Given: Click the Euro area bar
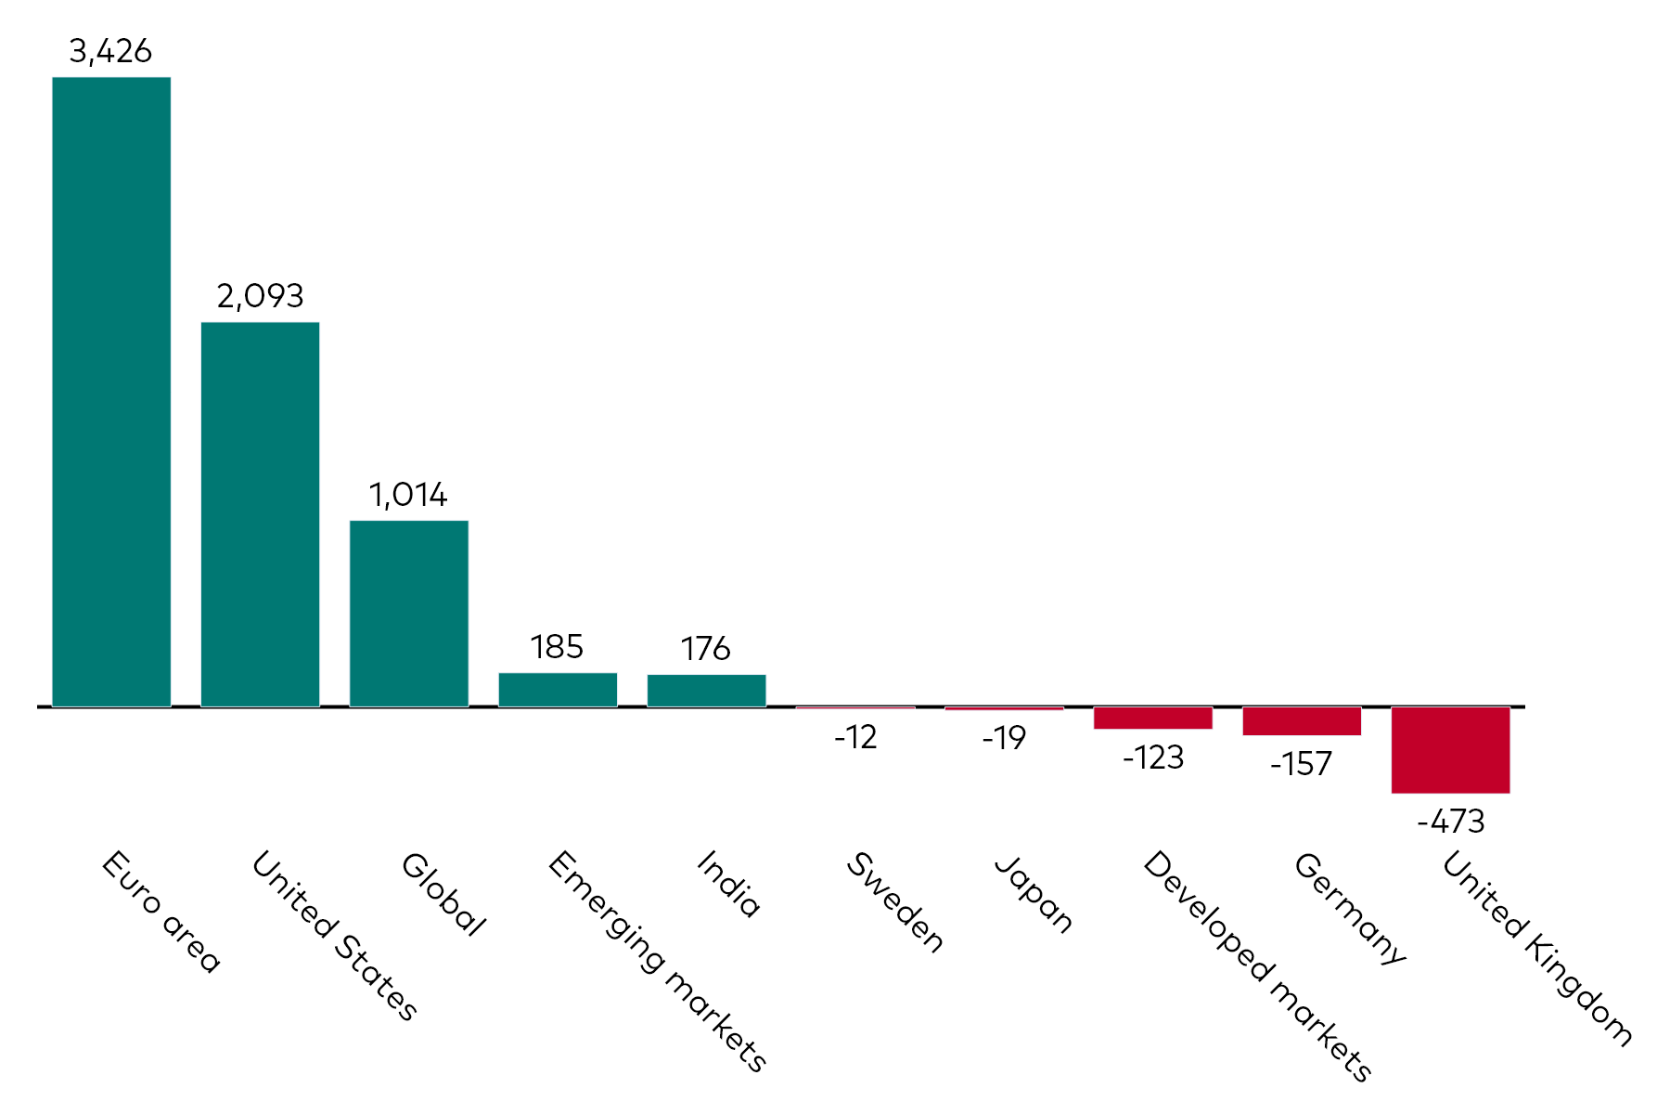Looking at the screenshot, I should point(111,392).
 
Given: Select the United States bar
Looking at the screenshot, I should point(260,514).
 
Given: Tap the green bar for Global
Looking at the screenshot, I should point(409,614).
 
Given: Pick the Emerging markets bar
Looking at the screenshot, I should point(558,690).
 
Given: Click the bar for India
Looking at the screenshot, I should point(706,691).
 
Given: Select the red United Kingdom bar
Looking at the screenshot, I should point(1450,750).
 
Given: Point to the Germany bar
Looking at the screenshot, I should point(1302,721).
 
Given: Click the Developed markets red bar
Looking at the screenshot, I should point(1152,718).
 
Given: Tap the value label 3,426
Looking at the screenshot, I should point(110,52).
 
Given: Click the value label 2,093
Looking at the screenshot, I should point(260,297).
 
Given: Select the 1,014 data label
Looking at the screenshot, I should point(408,496).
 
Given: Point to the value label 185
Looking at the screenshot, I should point(557,647).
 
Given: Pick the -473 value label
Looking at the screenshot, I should point(1450,822).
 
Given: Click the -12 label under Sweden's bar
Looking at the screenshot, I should point(854,738).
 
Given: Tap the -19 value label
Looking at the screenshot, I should point(1004,739).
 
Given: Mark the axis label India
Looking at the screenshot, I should point(728,885).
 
